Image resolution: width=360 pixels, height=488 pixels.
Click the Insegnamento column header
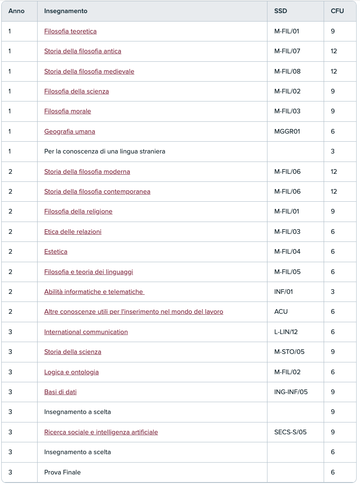pos(65,11)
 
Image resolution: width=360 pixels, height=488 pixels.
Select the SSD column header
pos(281,11)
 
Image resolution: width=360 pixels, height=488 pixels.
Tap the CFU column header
pos(337,11)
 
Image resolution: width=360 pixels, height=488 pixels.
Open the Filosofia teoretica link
pos(70,31)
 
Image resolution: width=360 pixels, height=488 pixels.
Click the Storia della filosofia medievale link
pos(89,71)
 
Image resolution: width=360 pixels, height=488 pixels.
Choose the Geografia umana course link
pos(69,132)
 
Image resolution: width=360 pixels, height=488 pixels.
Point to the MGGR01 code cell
pos(287,132)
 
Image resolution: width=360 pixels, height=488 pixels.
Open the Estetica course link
pos(56,252)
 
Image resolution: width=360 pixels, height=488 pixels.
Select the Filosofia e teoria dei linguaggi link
pos(88,272)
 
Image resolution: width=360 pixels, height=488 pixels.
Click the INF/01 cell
pos(284,292)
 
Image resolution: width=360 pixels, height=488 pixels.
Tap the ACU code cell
pos(281,312)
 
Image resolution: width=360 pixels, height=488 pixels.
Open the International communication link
pos(86,332)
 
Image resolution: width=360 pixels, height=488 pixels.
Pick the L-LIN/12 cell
pos(286,332)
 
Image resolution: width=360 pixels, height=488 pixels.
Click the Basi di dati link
pos(60,392)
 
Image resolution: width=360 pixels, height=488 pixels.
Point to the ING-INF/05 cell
pos(291,392)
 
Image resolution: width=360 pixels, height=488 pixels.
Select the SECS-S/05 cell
pos(290,432)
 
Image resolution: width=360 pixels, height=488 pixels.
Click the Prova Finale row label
pos(62,472)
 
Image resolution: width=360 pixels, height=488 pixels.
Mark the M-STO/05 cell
pos(289,352)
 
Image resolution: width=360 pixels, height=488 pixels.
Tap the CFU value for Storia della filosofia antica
pos(334,51)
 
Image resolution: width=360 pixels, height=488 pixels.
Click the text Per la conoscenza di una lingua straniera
pos(104,151)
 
